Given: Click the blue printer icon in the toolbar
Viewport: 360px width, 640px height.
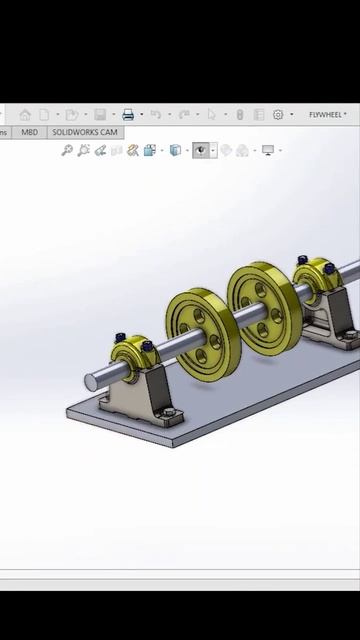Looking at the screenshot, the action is click(x=128, y=115).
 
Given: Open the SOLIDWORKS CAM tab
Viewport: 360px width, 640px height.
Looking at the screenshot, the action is click(x=85, y=132).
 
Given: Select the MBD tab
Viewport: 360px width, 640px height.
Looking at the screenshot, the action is click(x=29, y=132).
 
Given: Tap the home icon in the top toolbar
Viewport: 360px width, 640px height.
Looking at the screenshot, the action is click(x=25, y=115).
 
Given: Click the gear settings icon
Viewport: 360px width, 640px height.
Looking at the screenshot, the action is click(x=278, y=115).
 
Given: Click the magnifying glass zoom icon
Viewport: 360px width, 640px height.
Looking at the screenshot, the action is click(x=67, y=151).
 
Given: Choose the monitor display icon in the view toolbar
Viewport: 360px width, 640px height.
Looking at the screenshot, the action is click(x=268, y=151).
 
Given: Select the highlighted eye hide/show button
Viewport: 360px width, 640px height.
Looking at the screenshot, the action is click(x=200, y=150).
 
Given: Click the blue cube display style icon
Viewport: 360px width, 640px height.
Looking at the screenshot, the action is click(x=175, y=151).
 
